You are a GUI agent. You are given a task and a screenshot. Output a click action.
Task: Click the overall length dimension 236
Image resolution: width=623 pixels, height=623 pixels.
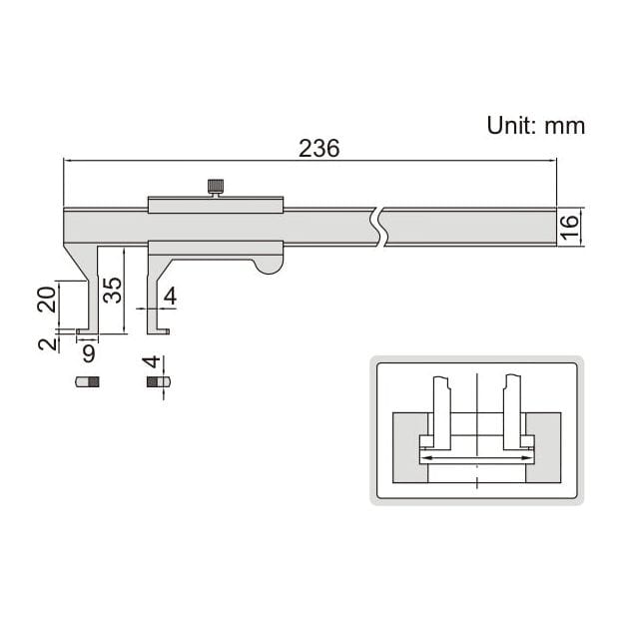coord(319,148)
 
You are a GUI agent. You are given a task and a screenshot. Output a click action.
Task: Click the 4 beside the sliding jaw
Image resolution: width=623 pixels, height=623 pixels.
coord(170,297)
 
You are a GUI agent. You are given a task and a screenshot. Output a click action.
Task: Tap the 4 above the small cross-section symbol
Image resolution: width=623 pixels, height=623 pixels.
coord(151,363)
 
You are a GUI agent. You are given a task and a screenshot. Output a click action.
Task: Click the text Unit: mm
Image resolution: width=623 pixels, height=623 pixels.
coord(535,126)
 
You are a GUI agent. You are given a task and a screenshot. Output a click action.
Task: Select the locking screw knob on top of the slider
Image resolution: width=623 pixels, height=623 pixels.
coord(216,186)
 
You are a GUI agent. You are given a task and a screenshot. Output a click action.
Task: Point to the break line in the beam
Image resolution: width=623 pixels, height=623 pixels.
coord(376,227)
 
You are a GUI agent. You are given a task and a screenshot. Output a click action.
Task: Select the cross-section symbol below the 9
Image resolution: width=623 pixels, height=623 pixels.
coord(88,381)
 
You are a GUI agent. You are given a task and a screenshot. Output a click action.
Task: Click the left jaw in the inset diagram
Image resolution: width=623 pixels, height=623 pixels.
coord(438,414)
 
